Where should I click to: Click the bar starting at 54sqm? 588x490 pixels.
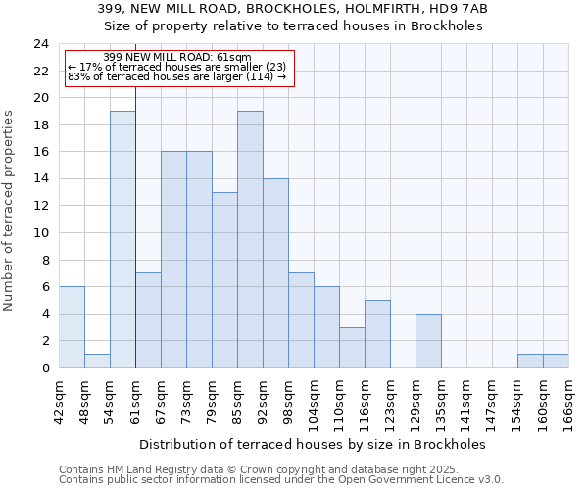tap(122, 239)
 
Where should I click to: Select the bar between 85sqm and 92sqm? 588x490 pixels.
tap(250, 239)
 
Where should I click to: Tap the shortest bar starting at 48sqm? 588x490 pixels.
tap(97, 361)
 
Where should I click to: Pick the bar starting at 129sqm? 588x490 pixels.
tap(428, 340)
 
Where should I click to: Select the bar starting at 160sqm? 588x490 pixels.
tap(556, 361)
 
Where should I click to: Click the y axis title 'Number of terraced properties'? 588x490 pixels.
tap(9, 210)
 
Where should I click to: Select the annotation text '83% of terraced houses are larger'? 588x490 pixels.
tap(176, 76)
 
